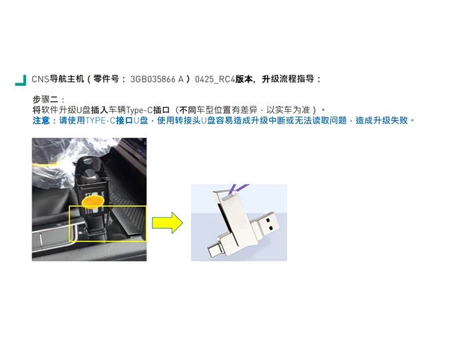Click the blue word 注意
[42, 120]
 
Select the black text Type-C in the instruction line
[139, 110]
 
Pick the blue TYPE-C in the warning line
[100, 120]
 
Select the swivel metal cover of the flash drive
[230, 213]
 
